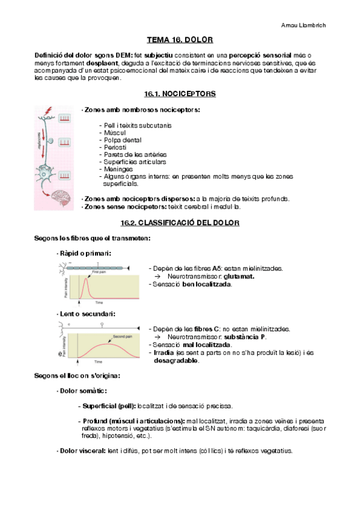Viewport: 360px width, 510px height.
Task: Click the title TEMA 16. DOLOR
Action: tap(180, 40)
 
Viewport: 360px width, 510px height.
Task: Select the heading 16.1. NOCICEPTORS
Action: tap(180, 94)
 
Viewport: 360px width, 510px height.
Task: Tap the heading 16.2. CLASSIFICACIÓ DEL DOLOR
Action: tap(180, 223)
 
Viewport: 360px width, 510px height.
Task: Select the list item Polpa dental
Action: tap(123, 140)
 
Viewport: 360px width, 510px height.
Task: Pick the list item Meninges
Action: tap(118, 169)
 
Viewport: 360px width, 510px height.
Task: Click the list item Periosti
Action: tap(116, 147)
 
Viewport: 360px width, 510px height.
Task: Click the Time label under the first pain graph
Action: tap(99, 303)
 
